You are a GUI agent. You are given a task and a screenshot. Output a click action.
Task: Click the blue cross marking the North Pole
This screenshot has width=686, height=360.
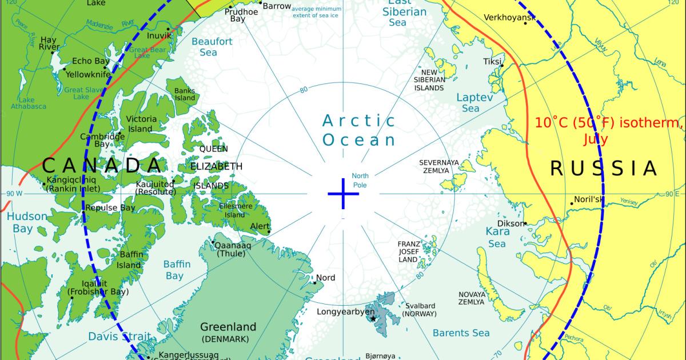343,194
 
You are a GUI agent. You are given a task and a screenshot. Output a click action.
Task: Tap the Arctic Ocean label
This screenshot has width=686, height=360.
358,130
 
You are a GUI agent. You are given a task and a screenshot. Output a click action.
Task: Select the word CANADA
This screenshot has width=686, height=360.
102,166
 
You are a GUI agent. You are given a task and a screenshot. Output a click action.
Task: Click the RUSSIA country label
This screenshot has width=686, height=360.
604,168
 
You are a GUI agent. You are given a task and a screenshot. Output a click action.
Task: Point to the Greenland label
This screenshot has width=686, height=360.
228,327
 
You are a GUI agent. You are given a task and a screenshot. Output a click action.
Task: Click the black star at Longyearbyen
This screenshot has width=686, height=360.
373,318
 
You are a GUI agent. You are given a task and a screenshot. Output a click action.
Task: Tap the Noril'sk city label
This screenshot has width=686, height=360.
589,199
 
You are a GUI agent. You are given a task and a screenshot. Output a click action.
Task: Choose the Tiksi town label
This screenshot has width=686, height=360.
492,61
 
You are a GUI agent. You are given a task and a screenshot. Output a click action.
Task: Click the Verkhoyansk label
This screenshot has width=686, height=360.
509,17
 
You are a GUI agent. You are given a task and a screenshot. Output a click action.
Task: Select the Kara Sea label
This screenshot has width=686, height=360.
496,238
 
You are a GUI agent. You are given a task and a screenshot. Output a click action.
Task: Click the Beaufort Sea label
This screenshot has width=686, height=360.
212,47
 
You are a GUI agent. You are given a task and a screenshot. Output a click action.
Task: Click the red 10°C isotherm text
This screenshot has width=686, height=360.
609,130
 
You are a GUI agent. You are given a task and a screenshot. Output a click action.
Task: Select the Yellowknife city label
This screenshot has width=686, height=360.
87,74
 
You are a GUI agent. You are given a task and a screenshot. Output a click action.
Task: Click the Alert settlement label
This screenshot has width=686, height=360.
260,227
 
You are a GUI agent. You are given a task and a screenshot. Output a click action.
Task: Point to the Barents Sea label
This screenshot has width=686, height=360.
461,333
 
